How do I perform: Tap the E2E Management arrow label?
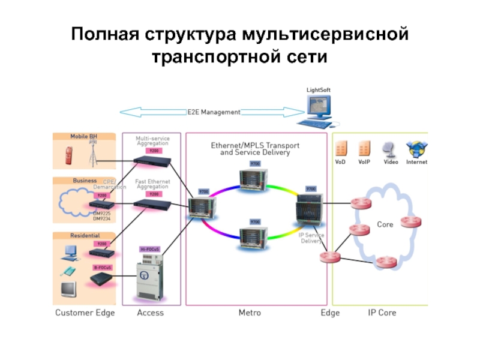[x=214, y=112]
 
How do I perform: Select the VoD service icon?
[x=341, y=149]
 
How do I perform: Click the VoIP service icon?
[x=364, y=149]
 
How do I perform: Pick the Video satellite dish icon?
[x=390, y=149]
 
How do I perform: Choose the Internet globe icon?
[x=416, y=149]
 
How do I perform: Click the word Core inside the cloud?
[x=385, y=224]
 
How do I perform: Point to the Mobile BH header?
[x=84, y=136]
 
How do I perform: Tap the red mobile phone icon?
[x=67, y=157]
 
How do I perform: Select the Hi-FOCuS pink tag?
[x=150, y=249]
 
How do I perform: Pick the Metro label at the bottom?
[x=250, y=313]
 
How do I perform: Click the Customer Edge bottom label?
[x=85, y=313]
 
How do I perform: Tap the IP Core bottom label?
[x=382, y=313]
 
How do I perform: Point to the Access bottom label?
[x=150, y=313]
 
